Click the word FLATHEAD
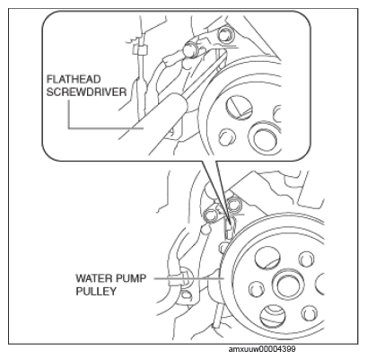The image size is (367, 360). tap(74, 79)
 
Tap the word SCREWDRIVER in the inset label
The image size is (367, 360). tap(86, 92)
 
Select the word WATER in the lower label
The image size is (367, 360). tap(92, 278)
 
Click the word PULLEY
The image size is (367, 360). tap(96, 291)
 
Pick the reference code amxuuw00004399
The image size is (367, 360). tap(262, 349)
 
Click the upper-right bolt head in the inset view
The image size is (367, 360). tap(224, 35)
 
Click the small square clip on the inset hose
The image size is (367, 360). tap(140, 50)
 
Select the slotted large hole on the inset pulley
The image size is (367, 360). tap(239, 108)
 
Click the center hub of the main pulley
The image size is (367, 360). tap(287, 285)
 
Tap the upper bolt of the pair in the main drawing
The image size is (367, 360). tap(234, 205)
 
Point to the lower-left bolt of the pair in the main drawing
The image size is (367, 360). tap(211, 215)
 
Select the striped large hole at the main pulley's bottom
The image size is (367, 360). tap(272, 316)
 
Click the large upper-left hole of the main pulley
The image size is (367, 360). tap(267, 258)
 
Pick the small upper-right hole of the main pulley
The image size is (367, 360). tap(306, 259)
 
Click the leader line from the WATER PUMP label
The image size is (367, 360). tap(189, 278)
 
